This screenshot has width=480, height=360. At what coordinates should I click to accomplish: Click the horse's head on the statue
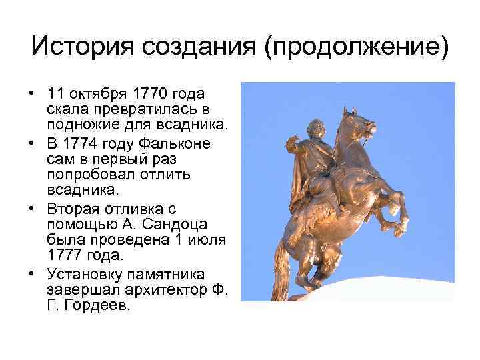pos(359,123)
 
